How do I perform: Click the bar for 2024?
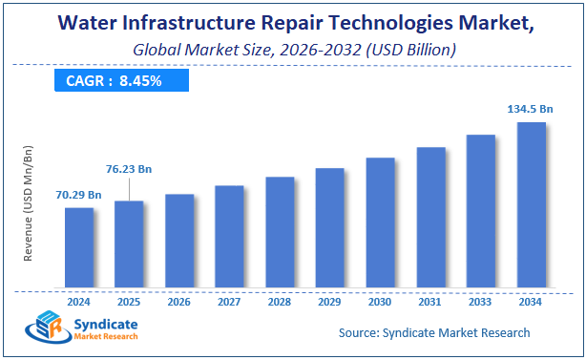(x=78, y=247)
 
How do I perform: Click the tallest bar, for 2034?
(x=531, y=204)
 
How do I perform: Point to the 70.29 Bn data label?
(x=79, y=195)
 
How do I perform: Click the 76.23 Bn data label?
(x=129, y=169)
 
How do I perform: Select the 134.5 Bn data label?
(x=531, y=109)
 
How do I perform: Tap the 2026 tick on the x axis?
(x=178, y=301)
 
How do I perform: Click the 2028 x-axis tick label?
(x=280, y=301)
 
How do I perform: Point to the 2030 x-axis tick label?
(x=380, y=301)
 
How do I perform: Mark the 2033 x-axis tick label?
(x=480, y=301)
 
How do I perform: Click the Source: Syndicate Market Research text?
(x=434, y=332)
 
